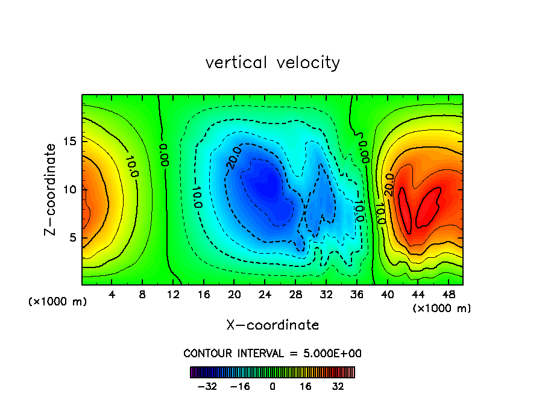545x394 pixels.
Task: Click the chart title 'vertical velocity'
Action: point(272,63)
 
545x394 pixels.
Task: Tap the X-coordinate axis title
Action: point(272,325)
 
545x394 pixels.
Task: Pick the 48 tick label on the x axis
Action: point(448,295)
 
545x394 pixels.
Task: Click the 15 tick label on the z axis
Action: point(69,142)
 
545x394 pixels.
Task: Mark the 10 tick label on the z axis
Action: point(69,190)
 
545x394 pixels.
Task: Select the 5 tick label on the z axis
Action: point(73,237)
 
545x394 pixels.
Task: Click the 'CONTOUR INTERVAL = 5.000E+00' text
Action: point(272,353)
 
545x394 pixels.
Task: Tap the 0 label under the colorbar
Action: point(272,386)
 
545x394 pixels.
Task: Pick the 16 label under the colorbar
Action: point(306,386)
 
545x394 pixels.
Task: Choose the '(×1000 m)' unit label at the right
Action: point(441,308)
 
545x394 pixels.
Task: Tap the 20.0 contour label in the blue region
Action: point(233,158)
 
